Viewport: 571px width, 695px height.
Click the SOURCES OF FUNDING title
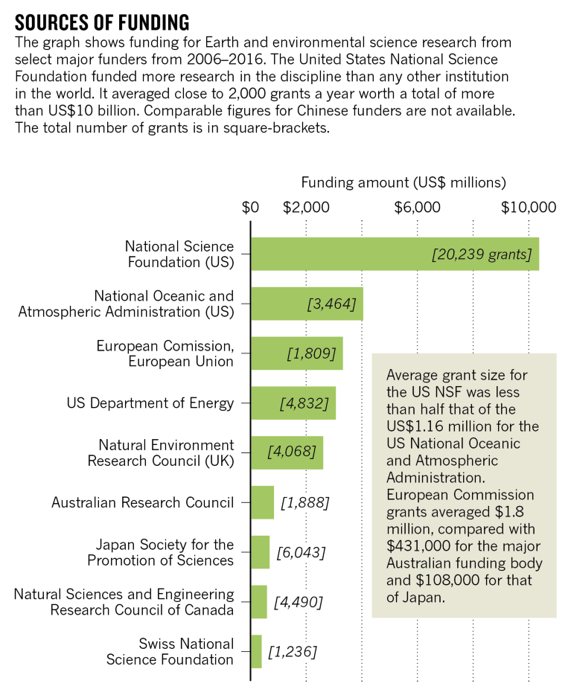click(102, 20)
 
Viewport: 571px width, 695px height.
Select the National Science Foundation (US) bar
click(395, 254)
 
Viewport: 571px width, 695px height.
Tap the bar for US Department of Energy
click(293, 403)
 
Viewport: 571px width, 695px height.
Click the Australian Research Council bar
click(263, 502)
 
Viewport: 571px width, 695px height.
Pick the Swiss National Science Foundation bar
click(257, 651)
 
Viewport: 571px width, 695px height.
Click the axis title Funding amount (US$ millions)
click(403, 182)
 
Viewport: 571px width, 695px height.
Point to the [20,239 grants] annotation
click(482, 254)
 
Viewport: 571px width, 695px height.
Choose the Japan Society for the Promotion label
click(160, 552)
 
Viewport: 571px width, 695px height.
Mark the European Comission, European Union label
click(165, 353)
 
